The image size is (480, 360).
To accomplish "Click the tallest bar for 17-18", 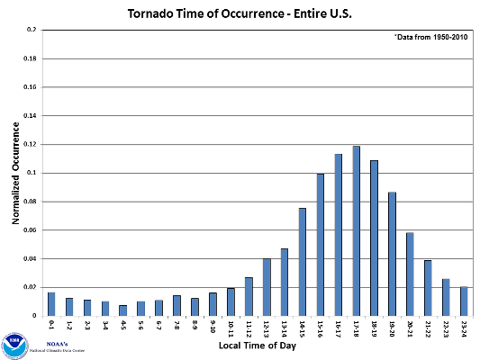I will pyautogui.click(x=357, y=230).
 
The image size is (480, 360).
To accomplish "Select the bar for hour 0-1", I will pyautogui.click(x=51, y=304).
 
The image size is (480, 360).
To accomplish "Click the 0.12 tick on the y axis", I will pyautogui.click(x=29, y=144).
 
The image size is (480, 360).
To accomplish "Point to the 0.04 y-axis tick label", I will pyautogui.click(x=29, y=258).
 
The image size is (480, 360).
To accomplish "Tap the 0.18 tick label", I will pyautogui.click(x=29, y=58).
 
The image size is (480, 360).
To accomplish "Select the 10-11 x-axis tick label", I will pyautogui.click(x=231, y=327).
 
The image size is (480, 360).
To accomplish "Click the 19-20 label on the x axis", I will pyautogui.click(x=393, y=327).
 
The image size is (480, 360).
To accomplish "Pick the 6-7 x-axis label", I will pyautogui.click(x=159, y=325).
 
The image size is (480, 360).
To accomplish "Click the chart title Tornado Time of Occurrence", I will pyautogui.click(x=240, y=15).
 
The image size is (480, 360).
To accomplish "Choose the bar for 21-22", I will pyautogui.click(x=428, y=288).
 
